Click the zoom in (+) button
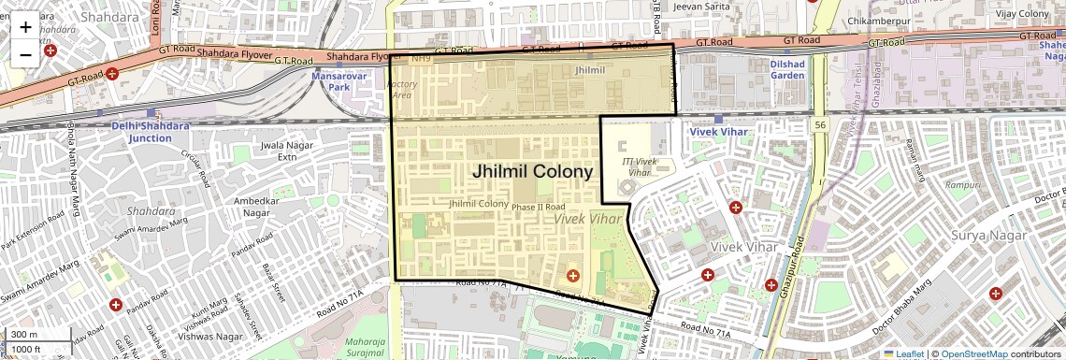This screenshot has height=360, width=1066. click(x=25, y=27)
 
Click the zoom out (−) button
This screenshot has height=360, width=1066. click(x=25, y=55)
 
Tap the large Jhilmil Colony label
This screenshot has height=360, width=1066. click(x=532, y=172)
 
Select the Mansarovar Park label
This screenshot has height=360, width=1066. click(x=352, y=81)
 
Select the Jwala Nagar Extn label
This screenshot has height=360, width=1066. click(x=273, y=151)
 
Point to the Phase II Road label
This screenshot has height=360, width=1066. click(x=540, y=207)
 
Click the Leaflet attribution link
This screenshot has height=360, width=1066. click(x=904, y=353)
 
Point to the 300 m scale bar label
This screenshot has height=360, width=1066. click(x=24, y=335)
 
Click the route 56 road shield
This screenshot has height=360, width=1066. click(x=820, y=124)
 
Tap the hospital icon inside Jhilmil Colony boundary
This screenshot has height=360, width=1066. click(x=572, y=276)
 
